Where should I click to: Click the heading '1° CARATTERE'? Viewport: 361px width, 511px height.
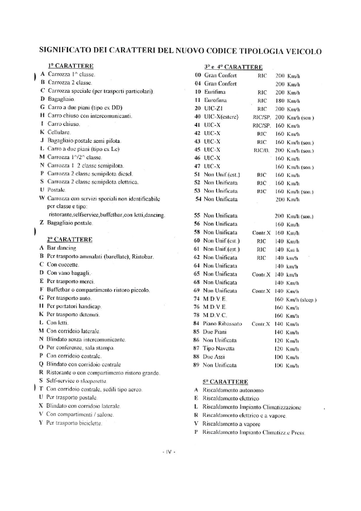(71, 66)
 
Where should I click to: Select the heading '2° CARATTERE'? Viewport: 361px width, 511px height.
(70, 239)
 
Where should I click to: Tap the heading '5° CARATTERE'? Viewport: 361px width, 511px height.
(225, 382)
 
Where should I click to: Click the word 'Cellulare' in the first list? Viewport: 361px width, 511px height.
(59, 132)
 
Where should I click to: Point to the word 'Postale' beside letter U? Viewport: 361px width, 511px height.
(56, 190)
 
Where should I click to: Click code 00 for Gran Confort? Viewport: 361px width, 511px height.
(198, 75)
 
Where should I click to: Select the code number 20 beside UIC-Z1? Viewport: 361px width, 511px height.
(198, 109)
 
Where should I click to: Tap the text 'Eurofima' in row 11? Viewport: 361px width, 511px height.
(215, 101)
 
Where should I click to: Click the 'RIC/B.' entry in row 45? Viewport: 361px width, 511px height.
(261, 151)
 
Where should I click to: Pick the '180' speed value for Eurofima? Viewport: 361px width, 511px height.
(280, 101)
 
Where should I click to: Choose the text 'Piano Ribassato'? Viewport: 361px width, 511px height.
(222, 324)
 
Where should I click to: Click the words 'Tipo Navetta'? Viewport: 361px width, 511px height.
(218, 348)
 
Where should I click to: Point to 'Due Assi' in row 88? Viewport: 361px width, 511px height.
(214, 357)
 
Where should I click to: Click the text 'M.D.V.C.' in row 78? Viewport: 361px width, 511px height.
(215, 315)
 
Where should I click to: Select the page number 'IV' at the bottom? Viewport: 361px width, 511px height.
(169, 452)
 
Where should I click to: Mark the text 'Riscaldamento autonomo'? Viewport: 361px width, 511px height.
(233, 390)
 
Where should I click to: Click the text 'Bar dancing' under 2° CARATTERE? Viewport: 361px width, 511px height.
(61, 248)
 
